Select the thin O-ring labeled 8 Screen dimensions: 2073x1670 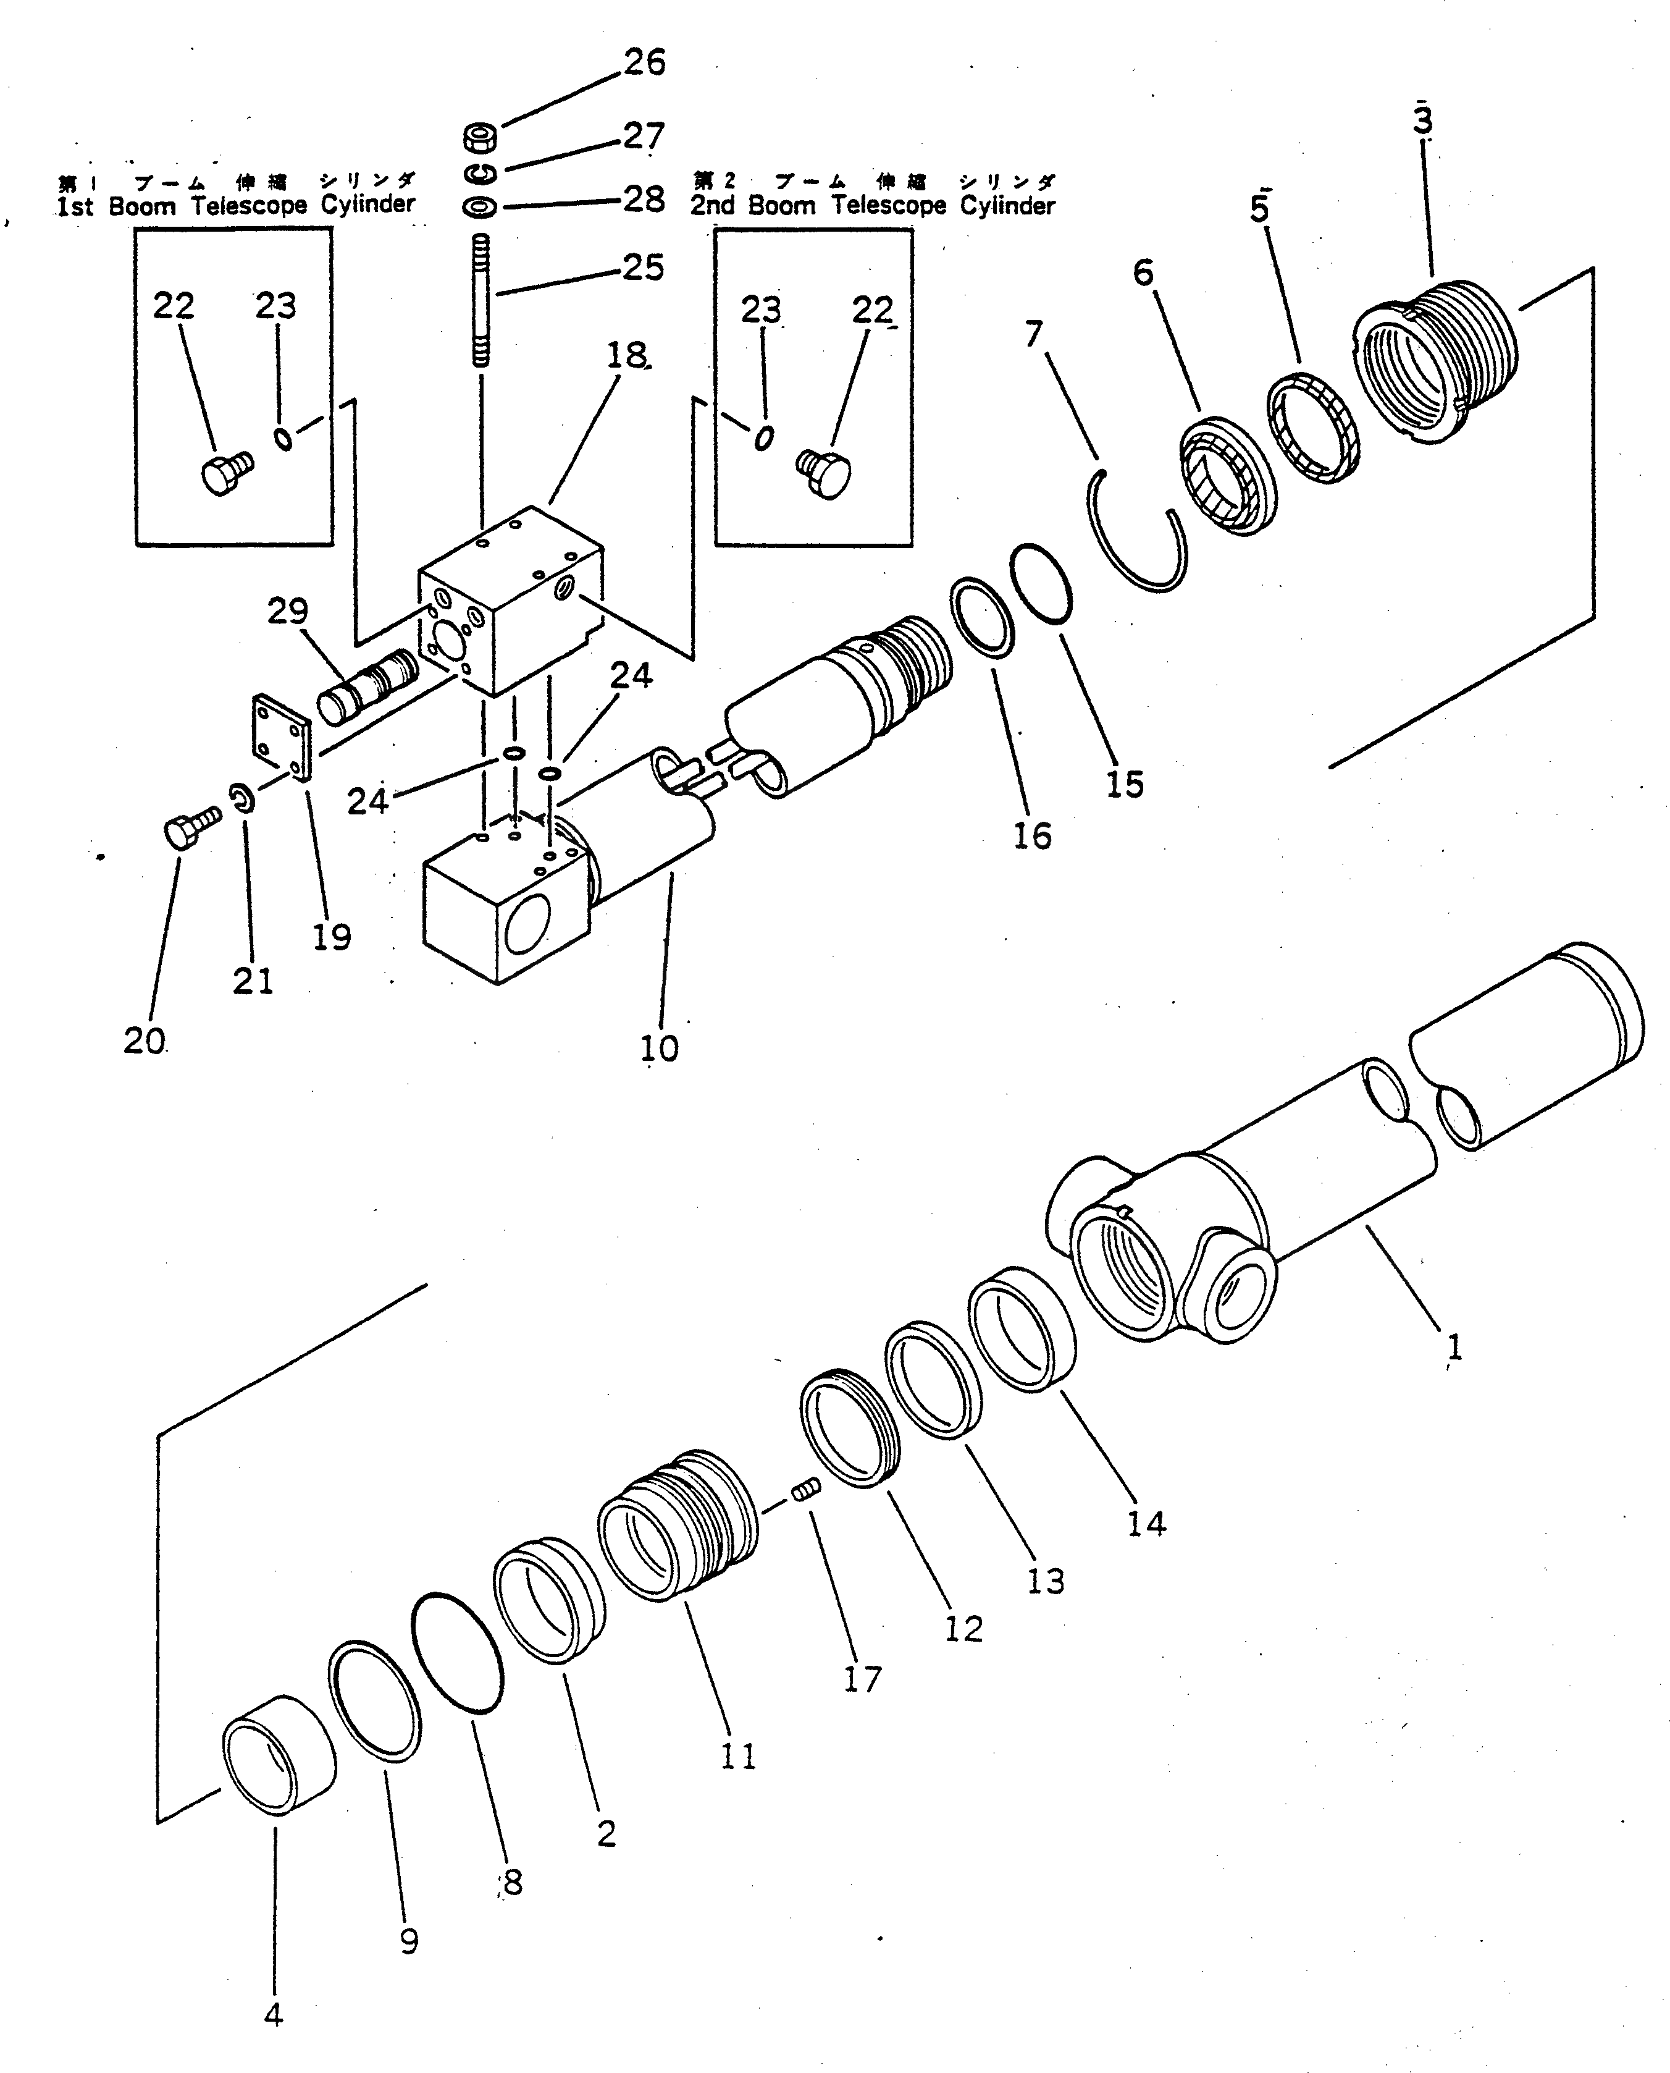[457, 1652]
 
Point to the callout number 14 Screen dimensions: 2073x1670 [1146, 1524]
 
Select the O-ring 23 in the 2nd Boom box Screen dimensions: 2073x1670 [764, 439]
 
